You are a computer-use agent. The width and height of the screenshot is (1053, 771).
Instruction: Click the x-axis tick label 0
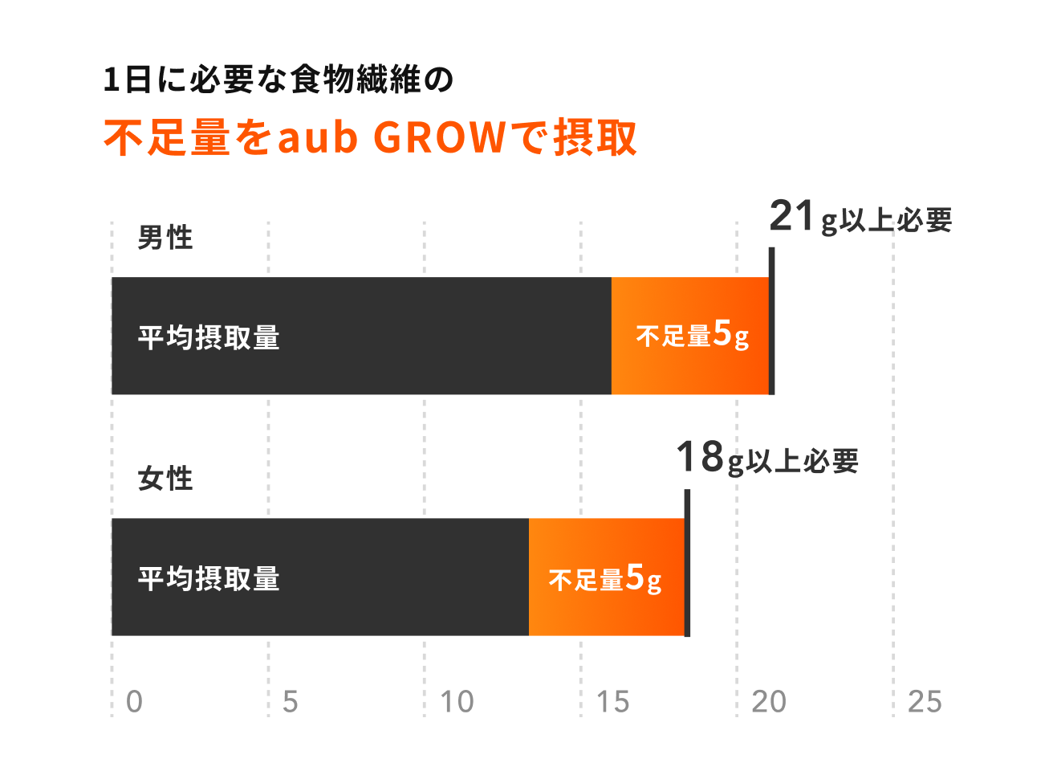coord(134,702)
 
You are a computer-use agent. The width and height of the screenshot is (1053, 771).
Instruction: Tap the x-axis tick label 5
coord(291,702)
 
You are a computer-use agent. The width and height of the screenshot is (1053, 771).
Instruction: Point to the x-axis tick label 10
coord(457,702)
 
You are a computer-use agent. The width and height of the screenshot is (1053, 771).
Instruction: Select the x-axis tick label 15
coord(613,702)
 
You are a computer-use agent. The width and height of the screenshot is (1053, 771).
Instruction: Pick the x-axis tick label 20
coord(769,702)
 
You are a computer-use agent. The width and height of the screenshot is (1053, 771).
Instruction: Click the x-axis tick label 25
coord(925,702)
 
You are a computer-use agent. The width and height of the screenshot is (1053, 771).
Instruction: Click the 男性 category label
coord(165,238)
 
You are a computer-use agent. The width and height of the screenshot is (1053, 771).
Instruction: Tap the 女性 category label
coord(165,479)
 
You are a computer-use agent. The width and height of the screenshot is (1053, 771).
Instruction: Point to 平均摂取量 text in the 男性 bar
coord(209,337)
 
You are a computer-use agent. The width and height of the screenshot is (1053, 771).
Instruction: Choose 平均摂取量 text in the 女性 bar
coord(209,578)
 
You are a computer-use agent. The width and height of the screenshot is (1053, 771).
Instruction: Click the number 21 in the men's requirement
coord(791,216)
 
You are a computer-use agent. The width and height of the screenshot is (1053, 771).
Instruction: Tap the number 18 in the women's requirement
coord(699,457)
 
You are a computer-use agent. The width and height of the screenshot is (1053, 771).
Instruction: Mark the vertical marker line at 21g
coord(771,321)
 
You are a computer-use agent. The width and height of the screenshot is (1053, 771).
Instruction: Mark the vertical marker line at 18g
coord(687,562)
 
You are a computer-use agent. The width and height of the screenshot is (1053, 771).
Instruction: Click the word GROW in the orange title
coord(440,138)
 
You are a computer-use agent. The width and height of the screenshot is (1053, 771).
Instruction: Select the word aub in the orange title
coord(317,138)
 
